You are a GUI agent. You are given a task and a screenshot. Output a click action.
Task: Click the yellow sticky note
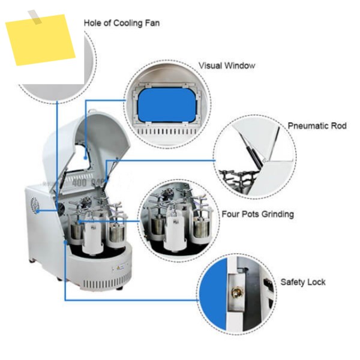[40, 40]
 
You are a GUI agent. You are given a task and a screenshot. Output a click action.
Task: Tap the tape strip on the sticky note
[35, 17]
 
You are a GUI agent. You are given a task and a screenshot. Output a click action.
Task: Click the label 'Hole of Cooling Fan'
[122, 23]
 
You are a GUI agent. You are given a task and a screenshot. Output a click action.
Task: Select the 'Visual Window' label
[227, 65]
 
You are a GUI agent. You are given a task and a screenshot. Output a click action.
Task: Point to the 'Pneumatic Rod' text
[317, 126]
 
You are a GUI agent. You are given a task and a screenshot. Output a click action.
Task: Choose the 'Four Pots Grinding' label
[258, 214]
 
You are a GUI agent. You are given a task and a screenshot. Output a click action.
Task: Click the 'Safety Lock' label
[303, 282]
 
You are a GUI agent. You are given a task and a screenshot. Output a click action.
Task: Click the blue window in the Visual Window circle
[167, 105]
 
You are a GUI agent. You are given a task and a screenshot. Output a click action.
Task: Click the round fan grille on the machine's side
[34, 205]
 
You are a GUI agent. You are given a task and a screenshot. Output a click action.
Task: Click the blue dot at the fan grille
[38, 211]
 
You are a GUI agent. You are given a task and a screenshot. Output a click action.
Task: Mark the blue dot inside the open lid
[85, 158]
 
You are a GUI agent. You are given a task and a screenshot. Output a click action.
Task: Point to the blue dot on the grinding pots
[79, 222]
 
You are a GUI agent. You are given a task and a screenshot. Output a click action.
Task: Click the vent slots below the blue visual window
[167, 132]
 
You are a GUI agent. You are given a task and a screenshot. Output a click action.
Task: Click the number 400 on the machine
[79, 183]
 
